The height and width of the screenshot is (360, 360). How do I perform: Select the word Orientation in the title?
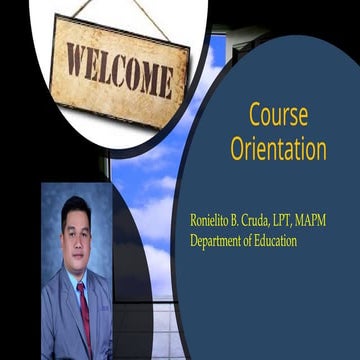(x=278, y=149)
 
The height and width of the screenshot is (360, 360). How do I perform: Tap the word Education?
(x=297, y=240)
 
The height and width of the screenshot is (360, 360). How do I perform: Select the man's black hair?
(x=75, y=207)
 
